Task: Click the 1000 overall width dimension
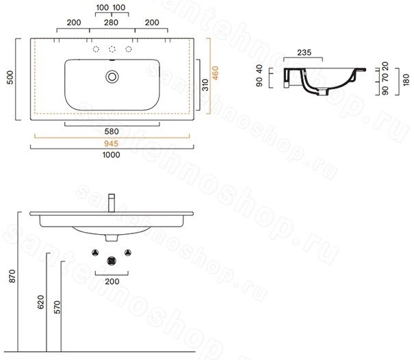(x=111, y=155)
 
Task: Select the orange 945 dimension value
(x=111, y=144)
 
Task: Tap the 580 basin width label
(x=112, y=131)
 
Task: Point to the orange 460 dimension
(x=215, y=73)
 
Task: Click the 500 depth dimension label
(x=10, y=77)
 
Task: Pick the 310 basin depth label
(x=205, y=85)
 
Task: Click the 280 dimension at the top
(x=111, y=23)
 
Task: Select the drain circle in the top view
(x=112, y=77)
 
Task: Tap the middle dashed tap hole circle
(x=112, y=49)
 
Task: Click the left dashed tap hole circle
(x=96, y=49)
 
